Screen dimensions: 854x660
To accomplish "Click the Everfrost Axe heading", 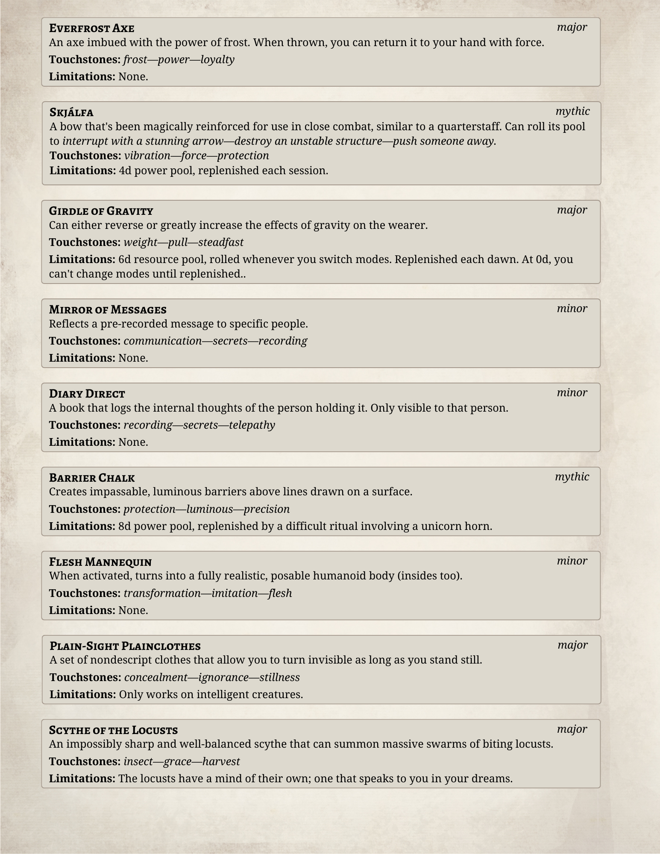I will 91,28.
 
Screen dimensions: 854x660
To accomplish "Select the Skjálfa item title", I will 71,112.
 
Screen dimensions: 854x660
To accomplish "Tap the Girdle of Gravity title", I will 101,211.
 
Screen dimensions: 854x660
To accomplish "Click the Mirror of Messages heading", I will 108,310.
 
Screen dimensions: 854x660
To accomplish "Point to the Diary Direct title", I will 87,394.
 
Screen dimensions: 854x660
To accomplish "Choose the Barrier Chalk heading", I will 92,478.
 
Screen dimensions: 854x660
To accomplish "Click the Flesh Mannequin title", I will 100,562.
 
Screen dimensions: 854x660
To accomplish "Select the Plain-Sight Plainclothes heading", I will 125,646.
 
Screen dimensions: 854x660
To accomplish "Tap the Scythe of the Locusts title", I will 113,730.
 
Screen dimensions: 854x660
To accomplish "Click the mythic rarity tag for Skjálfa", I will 572,111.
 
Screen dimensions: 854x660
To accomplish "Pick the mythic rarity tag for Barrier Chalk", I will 572,477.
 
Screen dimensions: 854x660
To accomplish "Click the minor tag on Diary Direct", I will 572,393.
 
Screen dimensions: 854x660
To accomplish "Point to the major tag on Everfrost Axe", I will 572,27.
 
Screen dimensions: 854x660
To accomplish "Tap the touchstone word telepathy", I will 252,425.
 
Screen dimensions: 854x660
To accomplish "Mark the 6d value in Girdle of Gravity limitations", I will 124,259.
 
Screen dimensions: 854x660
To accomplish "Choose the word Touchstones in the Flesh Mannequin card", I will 84,594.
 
